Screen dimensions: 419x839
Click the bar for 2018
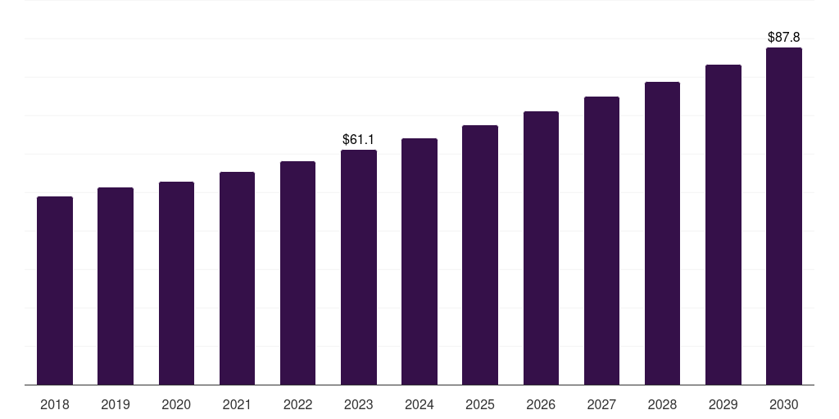tap(55, 291)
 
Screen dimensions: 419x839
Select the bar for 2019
tap(116, 286)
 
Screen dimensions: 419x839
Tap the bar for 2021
tap(237, 278)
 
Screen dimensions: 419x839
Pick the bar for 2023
tap(359, 268)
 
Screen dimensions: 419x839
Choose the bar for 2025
tap(480, 255)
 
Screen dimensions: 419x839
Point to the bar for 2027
tap(601, 241)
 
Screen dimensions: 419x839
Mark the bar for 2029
tap(723, 225)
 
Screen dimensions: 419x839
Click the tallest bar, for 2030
tap(784, 216)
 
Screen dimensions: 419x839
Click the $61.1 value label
tap(359, 140)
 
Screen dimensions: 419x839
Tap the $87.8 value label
tap(784, 38)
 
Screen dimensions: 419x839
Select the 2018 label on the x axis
tap(55, 404)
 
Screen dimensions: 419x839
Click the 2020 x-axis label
tap(176, 404)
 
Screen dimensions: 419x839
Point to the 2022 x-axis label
tap(297, 404)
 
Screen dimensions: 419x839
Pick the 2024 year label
tap(419, 404)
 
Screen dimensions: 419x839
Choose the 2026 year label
tap(541, 404)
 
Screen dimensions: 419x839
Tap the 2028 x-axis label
tap(662, 404)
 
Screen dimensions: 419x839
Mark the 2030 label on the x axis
tap(784, 404)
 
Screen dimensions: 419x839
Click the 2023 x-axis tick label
tap(359, 404)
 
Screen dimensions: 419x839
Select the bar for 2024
tap(419, 262)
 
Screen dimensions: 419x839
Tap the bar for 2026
tap(541, 248)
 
